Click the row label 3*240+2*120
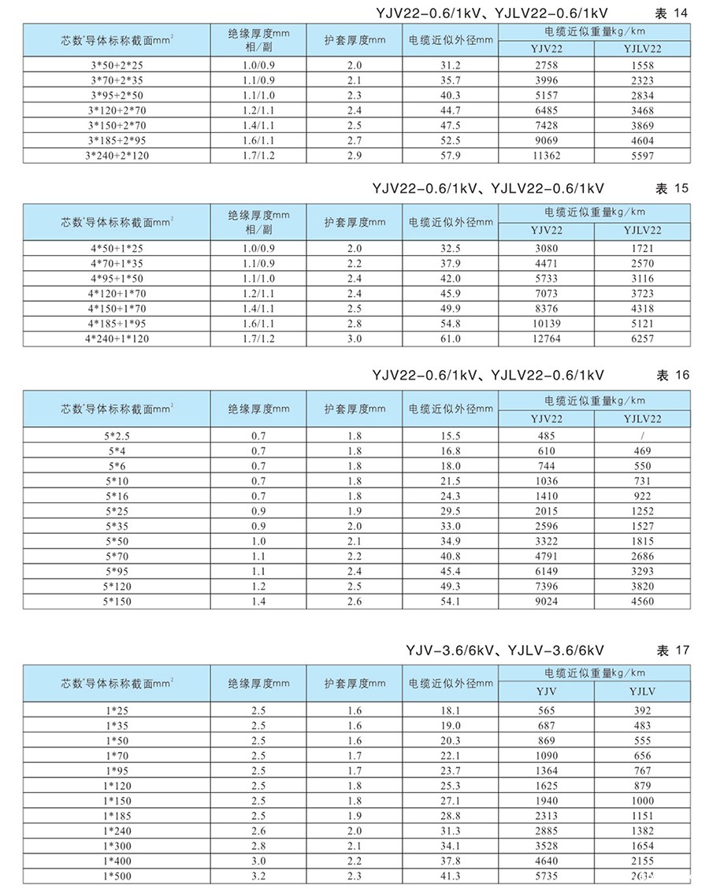click(x=117, y=156)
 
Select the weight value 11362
click(x=547, y=156)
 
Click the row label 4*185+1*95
click(x=117, y=323)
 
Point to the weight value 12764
click(x=547, y=338)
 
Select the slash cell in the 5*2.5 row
click(x=643, y=436)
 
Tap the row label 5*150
click(x=117, y=601)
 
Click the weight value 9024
click(x=547, y=601)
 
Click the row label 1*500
click(x=117, y=876)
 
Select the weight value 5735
click(x=547, y=876)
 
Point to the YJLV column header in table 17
click(x=643, y=691)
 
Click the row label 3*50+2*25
click(x=117, y=66)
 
